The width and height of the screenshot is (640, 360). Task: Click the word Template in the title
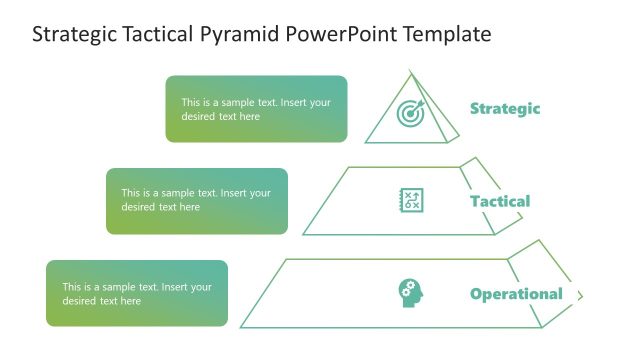448,34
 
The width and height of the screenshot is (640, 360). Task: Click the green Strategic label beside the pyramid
505,109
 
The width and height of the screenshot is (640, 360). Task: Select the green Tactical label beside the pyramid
500,201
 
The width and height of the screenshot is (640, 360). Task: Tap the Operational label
516,294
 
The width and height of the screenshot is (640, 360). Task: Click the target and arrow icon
411,113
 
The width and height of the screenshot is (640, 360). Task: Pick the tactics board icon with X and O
411,200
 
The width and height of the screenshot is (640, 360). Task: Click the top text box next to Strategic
256,109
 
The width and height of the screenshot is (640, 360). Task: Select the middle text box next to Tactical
197,200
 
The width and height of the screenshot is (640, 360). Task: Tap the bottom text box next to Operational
137,293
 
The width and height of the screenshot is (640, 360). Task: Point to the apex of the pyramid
411,72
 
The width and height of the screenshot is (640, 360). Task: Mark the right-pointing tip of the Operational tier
582,295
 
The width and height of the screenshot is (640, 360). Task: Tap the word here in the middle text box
188,208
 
